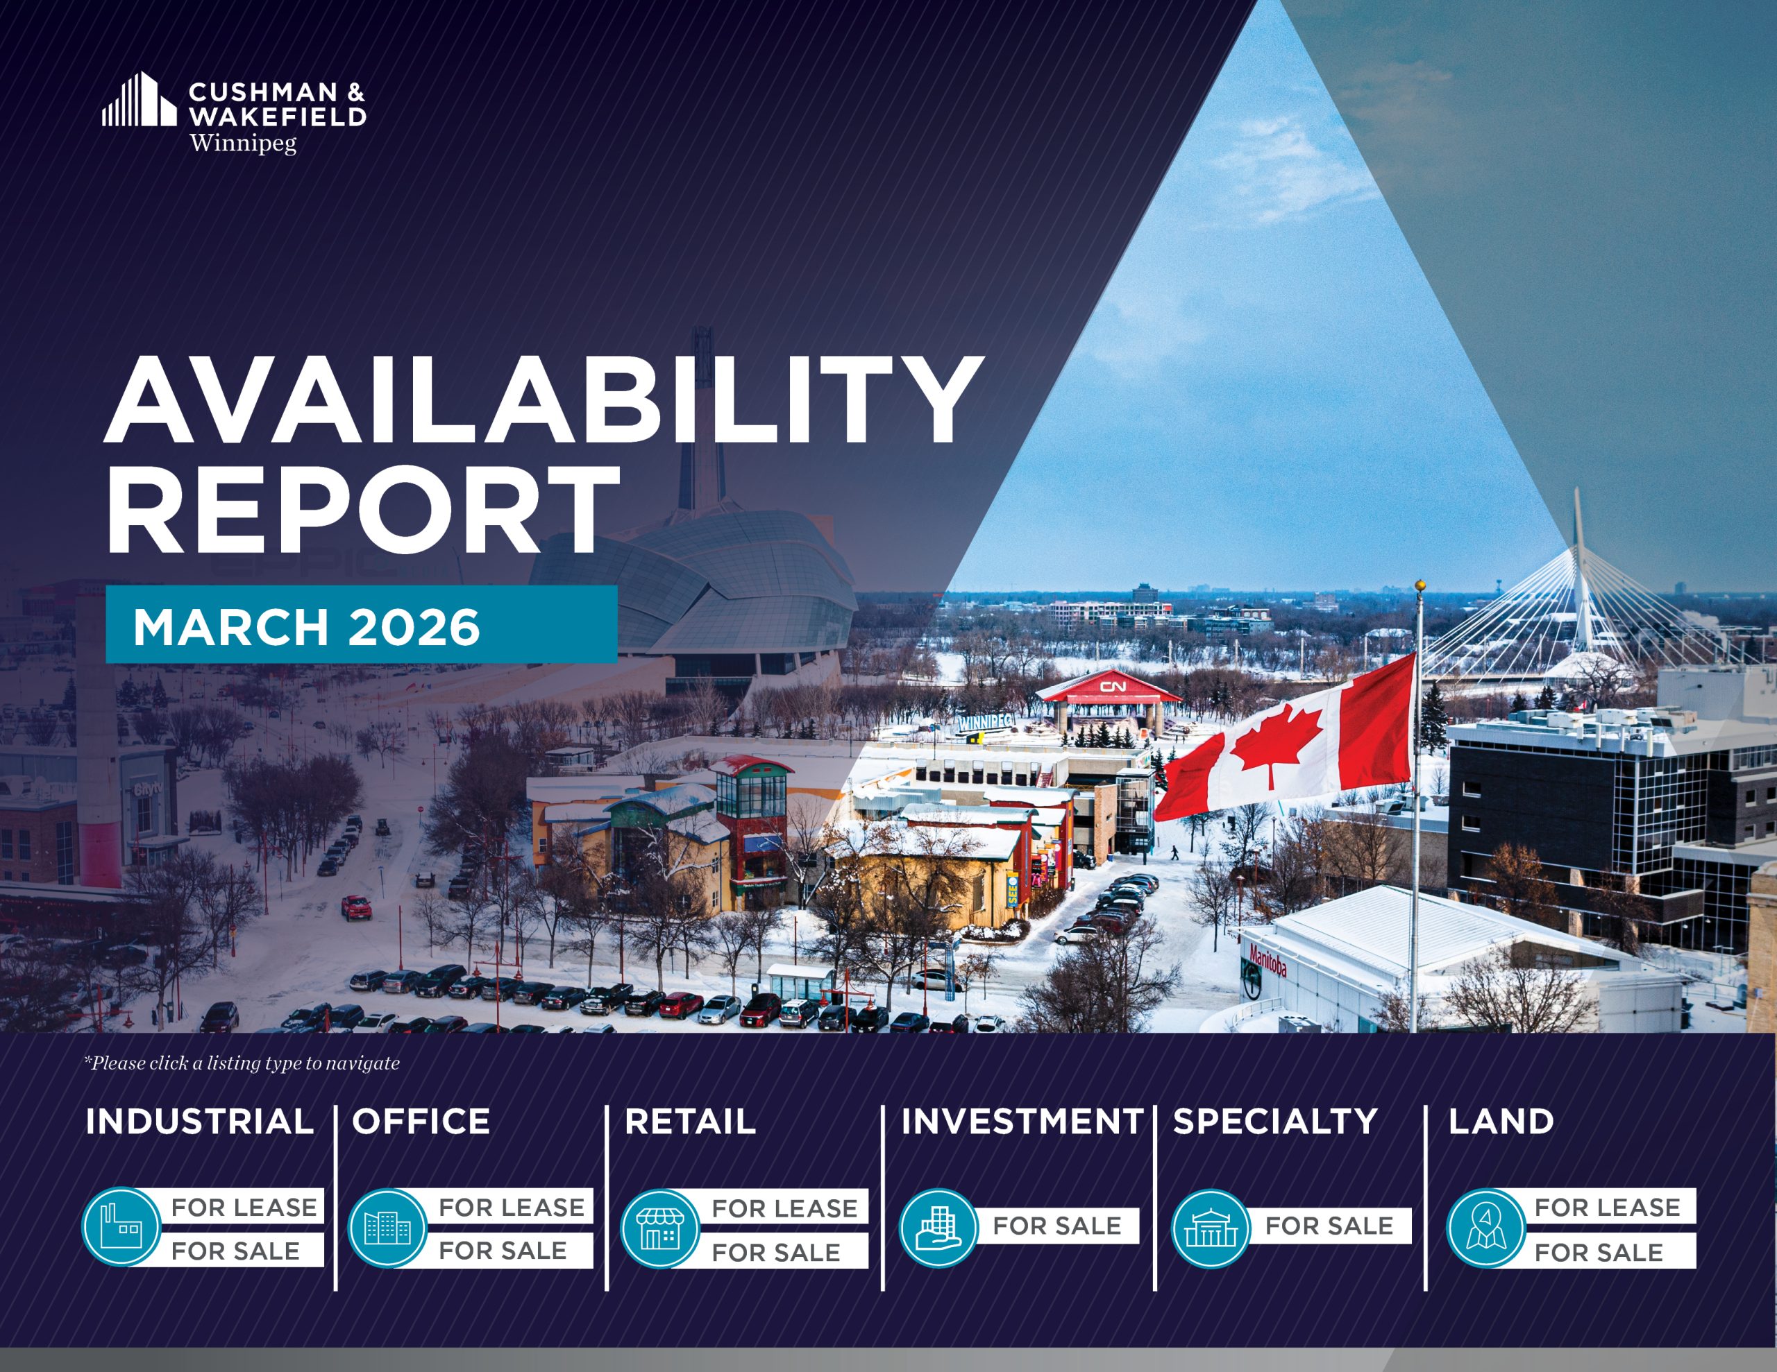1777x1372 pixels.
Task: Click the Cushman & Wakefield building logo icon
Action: click(x=139, y=99)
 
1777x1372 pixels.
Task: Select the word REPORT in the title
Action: click(x=362, y=510)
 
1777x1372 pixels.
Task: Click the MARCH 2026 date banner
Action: click(x=361, y=624)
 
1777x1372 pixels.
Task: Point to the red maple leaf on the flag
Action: click(x=1275, y=745)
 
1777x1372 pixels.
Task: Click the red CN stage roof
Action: click(x=1111, y=687)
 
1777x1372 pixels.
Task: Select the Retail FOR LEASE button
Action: click(x=783, y=1208)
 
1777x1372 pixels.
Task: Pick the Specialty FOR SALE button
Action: click(x=1329, y=1226)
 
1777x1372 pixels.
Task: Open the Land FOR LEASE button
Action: click(x=1607, y=1207)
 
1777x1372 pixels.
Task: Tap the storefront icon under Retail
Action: click(x=660, y=1228)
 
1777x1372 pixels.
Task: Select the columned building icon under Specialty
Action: click(x=1210, y=1228)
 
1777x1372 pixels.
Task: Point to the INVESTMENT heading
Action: click(x=1022, y=1122)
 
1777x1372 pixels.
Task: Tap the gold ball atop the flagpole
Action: click(x=1420, y=585)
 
